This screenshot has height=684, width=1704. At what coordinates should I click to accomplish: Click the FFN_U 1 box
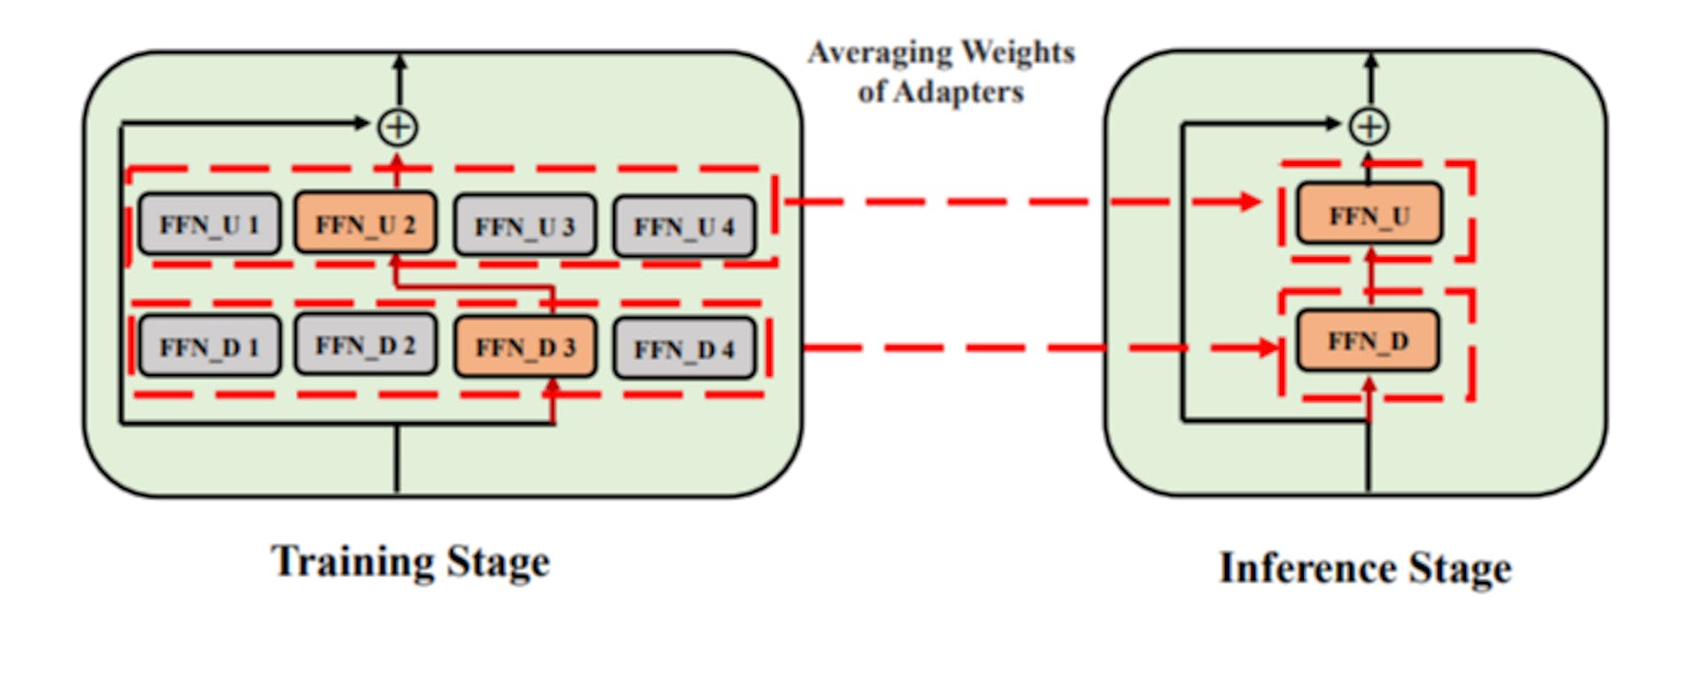(209, 224)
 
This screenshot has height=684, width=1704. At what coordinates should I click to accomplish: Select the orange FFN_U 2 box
(366, 224)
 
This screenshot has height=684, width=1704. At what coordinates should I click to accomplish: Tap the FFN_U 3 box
(525, 226)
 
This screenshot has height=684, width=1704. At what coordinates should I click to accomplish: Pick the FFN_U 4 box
(684, 227)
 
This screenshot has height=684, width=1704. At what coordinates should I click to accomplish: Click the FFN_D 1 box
(209, 346)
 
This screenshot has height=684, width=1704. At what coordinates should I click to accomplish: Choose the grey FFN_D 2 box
(366, 344)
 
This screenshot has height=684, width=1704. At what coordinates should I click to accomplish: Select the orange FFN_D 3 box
(525, 347)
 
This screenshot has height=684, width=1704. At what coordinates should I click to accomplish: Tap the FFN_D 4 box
(684, 349)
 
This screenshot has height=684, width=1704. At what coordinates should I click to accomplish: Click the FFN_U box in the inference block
(1369, 215)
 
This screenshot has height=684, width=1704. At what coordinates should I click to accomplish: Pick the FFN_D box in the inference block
(1369, 341)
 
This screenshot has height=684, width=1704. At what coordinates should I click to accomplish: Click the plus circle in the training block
(398, 127)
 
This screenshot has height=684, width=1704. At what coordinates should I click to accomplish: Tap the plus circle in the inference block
(1369, 126)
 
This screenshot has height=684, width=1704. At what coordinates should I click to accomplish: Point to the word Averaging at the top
(878, 52)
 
